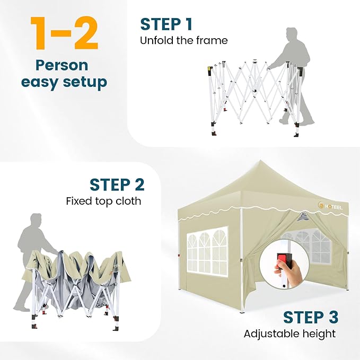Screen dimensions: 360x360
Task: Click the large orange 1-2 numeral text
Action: [64, 33]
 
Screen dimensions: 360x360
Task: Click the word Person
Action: [62, 65]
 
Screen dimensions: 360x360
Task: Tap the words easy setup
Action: [64, 82]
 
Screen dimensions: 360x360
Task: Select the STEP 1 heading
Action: [166, 24]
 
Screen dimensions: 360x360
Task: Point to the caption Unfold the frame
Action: [183, 40]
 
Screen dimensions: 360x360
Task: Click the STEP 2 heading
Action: [117, 185]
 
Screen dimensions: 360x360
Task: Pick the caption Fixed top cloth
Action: [103, 201]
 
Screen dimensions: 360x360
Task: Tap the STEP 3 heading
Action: [311, 317]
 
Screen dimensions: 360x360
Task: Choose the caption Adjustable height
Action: [289, 334]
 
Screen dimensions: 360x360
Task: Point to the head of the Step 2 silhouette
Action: [36, 220]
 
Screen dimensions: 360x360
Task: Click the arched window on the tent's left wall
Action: [207, 251]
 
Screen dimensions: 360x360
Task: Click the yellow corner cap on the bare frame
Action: [209, 69]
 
